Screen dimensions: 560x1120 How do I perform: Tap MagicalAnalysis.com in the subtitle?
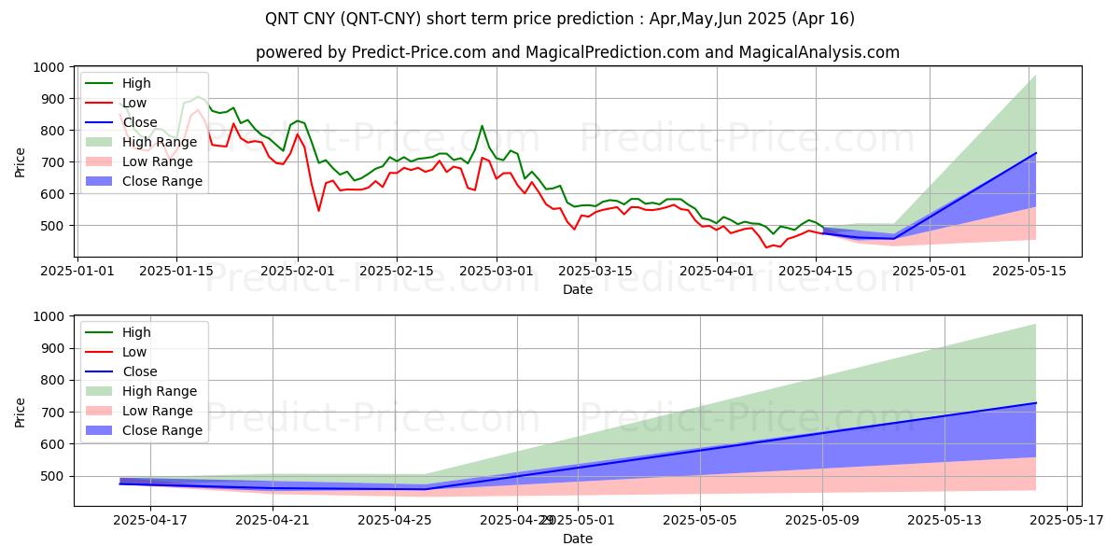coord(819,52)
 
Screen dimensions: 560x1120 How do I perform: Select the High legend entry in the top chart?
coord(136,83)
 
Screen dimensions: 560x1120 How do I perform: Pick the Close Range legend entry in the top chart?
coord(162,181)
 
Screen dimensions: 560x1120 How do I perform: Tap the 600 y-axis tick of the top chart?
coord(54,194)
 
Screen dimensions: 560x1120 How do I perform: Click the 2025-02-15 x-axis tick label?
coord(397,271)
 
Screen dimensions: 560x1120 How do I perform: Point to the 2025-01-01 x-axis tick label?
coord(77,271)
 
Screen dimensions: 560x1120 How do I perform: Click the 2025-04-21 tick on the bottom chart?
coord(273,520)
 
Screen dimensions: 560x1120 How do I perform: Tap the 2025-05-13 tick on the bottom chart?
coord(945,520)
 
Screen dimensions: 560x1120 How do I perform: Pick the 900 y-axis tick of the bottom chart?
coord(54,348)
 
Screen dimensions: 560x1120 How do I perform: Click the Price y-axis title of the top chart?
coord(21,162)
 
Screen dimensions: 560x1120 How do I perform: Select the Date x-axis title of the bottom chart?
coord(578,539)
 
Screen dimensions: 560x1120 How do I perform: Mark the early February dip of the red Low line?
coord(318,211)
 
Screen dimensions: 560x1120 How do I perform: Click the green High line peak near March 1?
coord(482,126)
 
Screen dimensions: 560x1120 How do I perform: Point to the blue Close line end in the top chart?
coord(1035,153)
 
